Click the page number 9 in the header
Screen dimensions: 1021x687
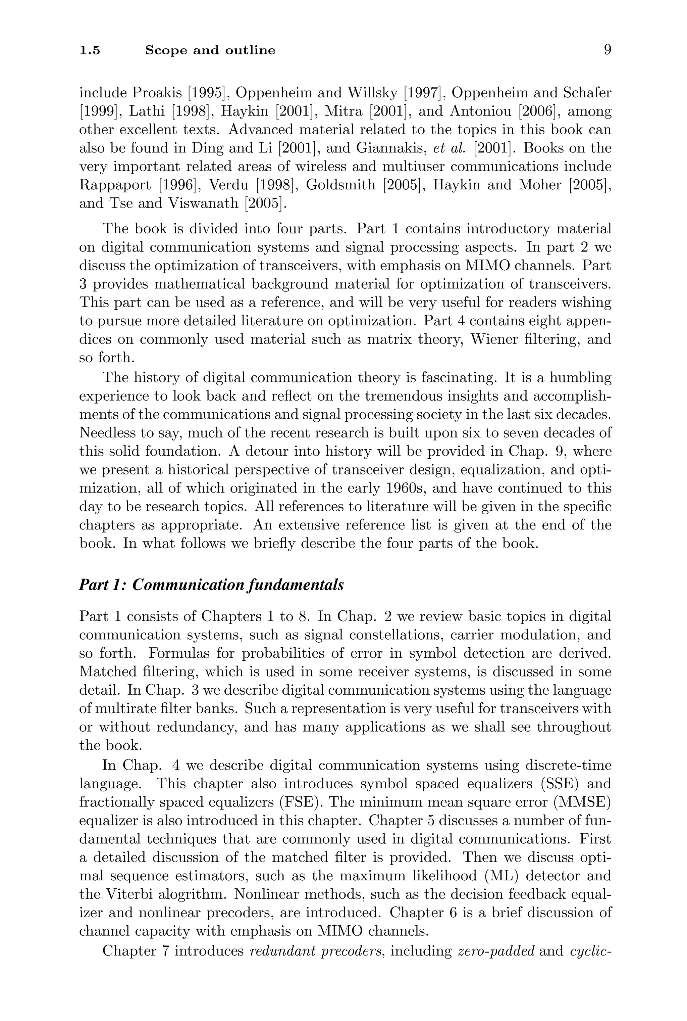click(x=607, y=50)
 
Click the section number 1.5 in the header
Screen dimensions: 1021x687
click(x=90, y=51)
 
